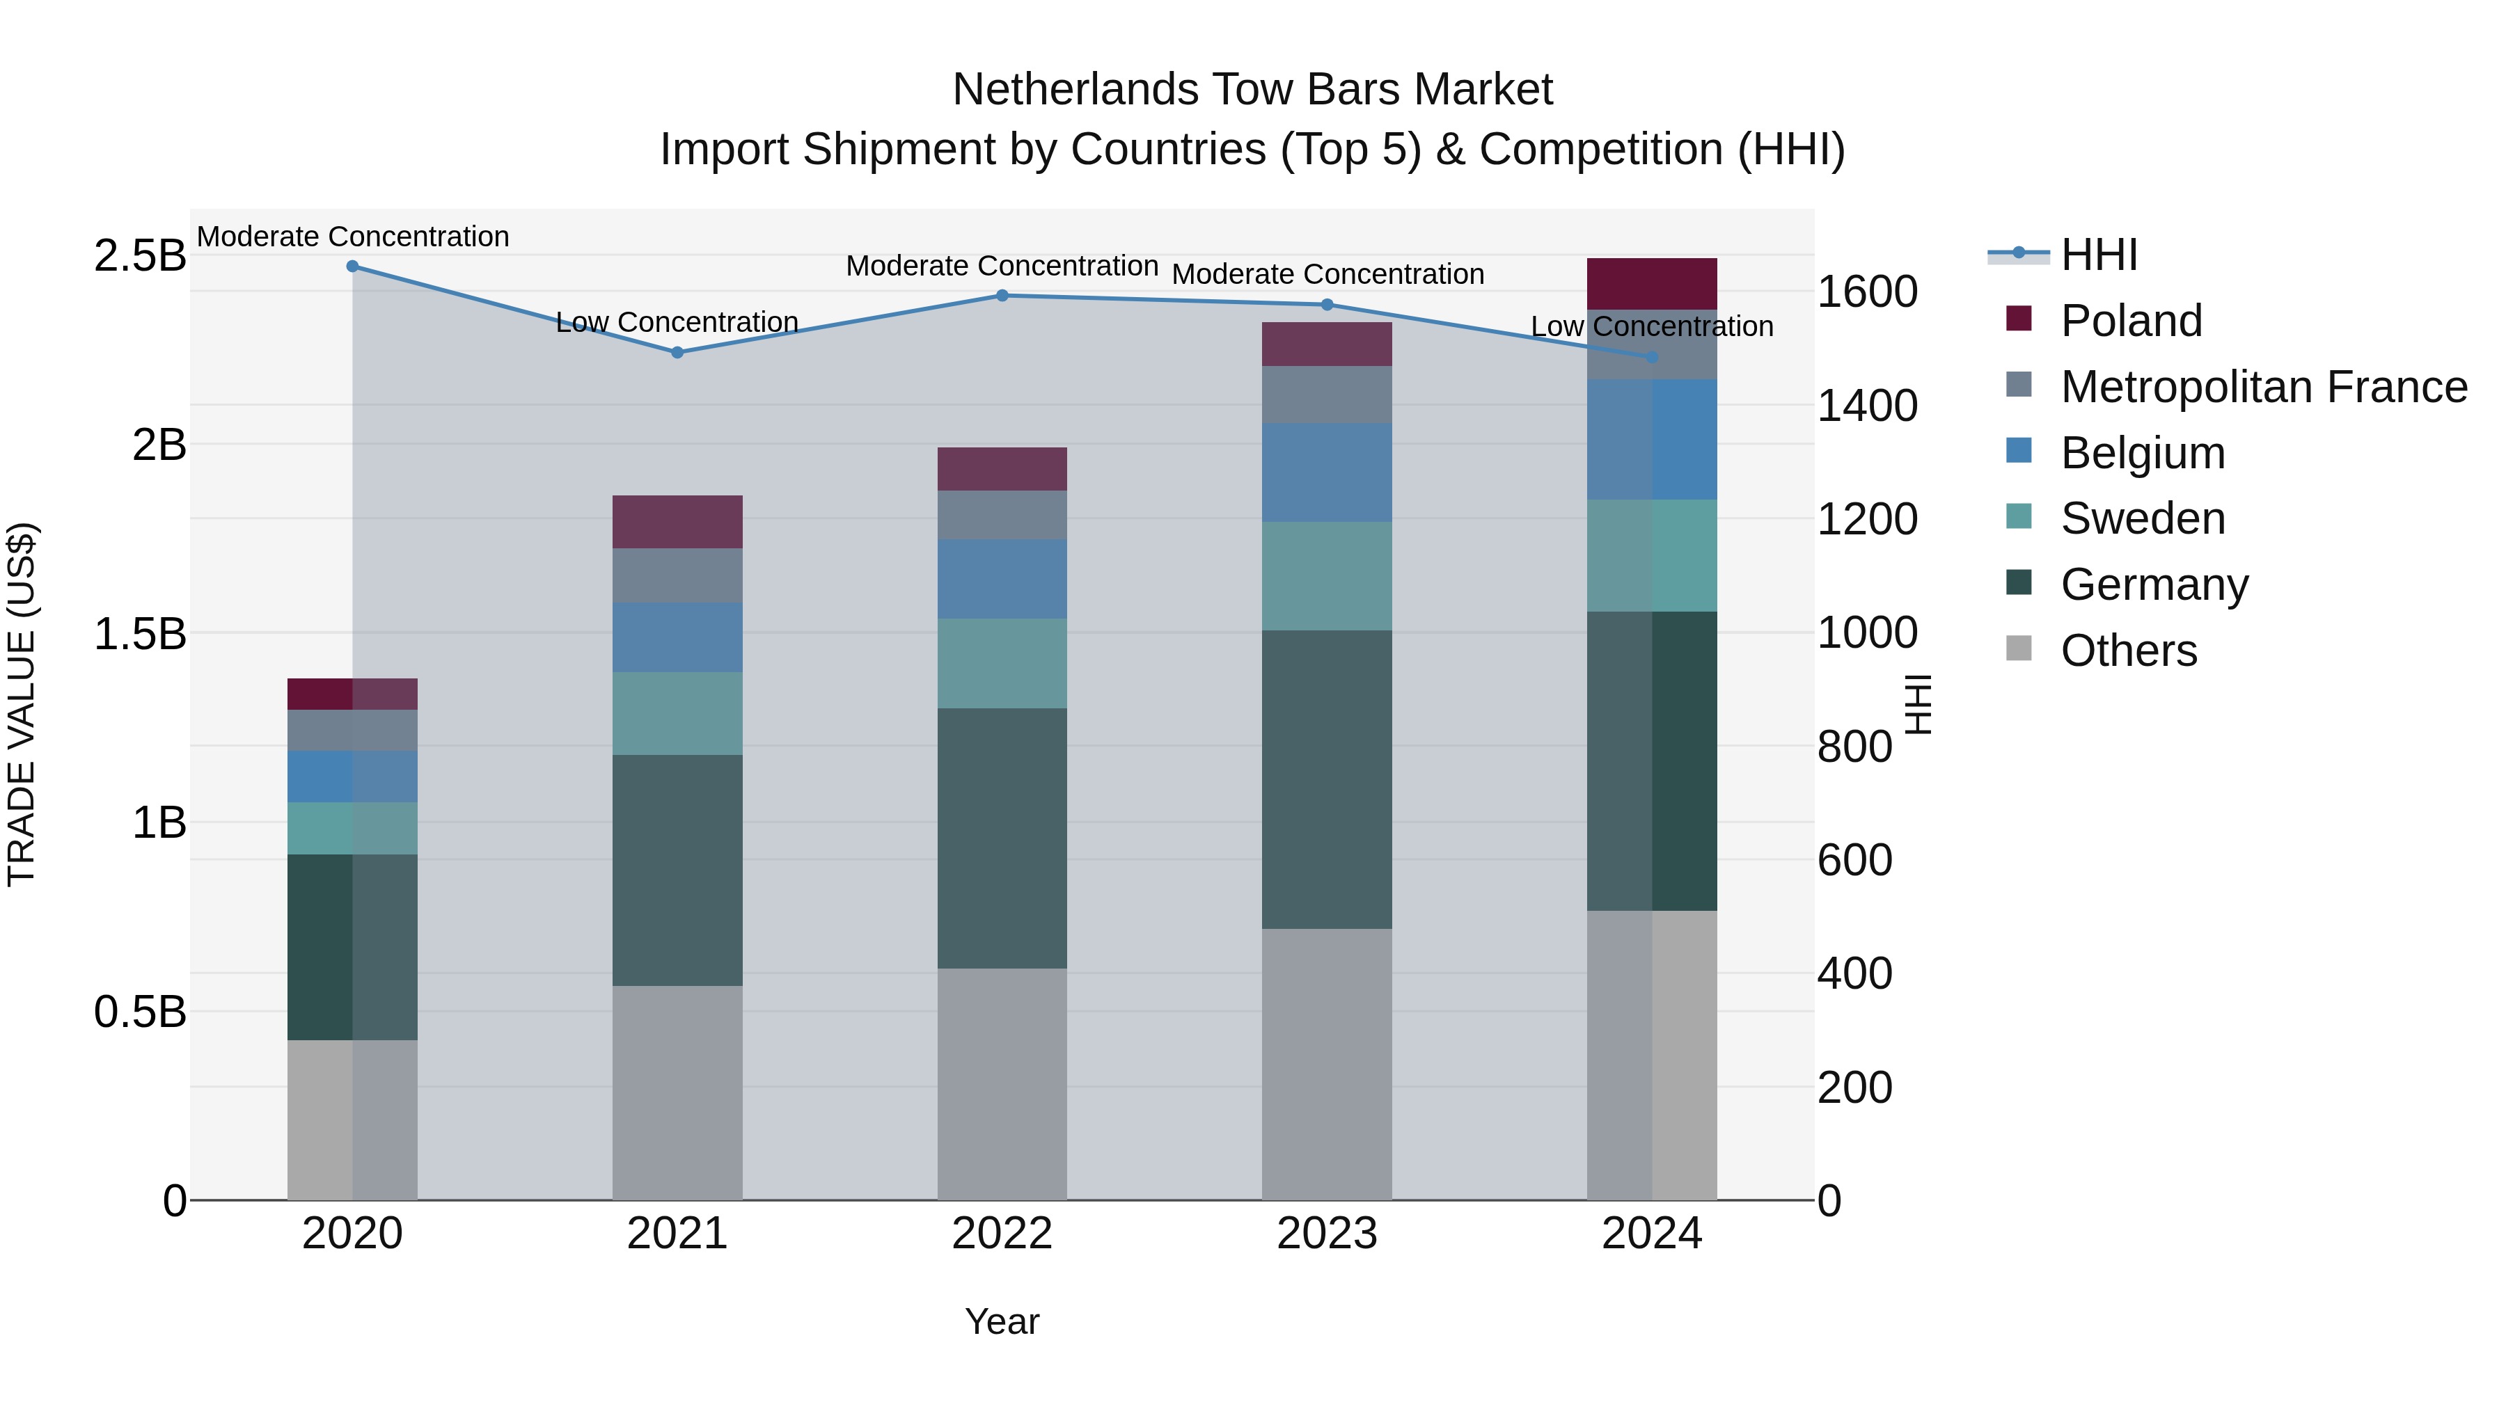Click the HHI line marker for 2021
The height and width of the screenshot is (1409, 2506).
click(x=677, y=352)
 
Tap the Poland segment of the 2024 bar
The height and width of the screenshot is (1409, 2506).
click(x=1651, y=284)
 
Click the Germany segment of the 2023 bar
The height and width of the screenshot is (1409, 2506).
click(x=1326, y=779)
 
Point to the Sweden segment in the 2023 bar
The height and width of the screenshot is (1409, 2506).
click(x=1326, y=575)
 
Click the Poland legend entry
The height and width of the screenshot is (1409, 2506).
click(x=2131, y=321)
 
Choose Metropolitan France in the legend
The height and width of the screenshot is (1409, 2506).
click(x=2263, y=387)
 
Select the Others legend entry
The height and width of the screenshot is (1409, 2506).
click(x=2129, y=651)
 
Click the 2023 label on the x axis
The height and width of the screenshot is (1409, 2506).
click(x=1326, y=1234)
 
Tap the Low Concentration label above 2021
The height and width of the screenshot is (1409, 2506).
click(x=677, y=322)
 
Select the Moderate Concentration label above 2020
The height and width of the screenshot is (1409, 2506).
click(x=353, y=237)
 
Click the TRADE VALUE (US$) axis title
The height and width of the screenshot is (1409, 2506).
click(x=22, y=704)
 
